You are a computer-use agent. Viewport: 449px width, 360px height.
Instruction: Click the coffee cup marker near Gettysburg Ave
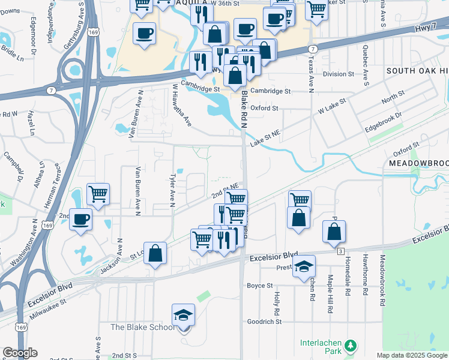pyautogui.click(x=143, y=34)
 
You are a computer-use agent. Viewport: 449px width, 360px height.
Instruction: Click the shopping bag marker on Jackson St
pyautogui.click(x=155, y=253)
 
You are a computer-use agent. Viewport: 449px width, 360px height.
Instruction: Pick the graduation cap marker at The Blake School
pyautogui.click(x=184, y=314)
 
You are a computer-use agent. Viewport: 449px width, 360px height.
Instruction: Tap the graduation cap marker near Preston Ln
pyautogui.click(x=304, y=266)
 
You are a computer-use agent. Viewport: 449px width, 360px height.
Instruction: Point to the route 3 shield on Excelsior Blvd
pyautogui.click(x=340, y=250)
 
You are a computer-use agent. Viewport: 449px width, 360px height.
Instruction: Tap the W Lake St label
pyautogui.click(x=333, y=108)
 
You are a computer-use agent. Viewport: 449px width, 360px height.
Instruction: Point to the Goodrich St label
pyautogui.click(x=264, y=322)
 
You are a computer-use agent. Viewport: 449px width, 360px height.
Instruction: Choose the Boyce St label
pyautogui.click(x=260, y=286)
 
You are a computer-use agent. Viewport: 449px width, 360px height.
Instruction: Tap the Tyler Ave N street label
pyautogui.click(x=172, y=191)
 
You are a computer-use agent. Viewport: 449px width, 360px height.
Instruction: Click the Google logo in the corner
pyautogui.click(x=19, y=353)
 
